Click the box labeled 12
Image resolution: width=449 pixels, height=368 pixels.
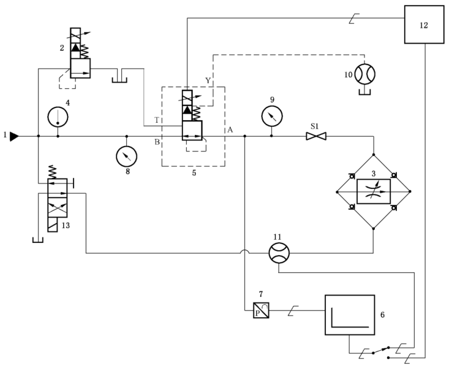tap(424, 24)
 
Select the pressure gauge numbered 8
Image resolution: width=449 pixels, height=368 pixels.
tap(126, 156)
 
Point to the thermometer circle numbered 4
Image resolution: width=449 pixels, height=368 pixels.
tap(58, 116)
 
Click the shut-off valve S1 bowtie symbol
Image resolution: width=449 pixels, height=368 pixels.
tap(316, 136)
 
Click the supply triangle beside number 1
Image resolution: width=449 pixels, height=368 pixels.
tap(14, 136)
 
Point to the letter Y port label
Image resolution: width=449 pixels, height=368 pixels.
tap(208, 80)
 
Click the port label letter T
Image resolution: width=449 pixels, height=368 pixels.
tap(157, 120)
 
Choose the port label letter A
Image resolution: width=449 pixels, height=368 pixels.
tap(230, 129)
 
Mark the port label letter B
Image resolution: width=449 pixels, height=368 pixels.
tap(157, 142)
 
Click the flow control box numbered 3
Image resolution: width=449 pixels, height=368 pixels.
tap(373, 191)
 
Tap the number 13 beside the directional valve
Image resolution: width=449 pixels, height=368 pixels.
tap(66, 225)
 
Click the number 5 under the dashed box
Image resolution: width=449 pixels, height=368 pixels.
tap(194, 174)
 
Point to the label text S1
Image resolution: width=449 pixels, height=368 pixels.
tap(315, 125)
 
